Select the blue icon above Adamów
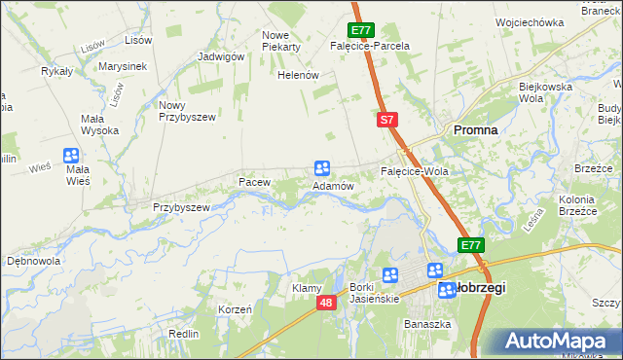(x=322, y=167)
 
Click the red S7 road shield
(x=386, y=120)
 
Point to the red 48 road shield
(x=325, y=305)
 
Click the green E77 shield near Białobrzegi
(x=471, y=245)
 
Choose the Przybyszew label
(x=181, y=207)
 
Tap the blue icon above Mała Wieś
(x=71, y=155)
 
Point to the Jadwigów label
(x=220, y=56)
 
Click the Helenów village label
(x=298, y=75)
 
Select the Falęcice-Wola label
(x=414, y=171)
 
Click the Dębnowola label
(x=34, y=261)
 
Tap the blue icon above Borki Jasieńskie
(x=390, y=276)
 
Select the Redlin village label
(x=183, y=334)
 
